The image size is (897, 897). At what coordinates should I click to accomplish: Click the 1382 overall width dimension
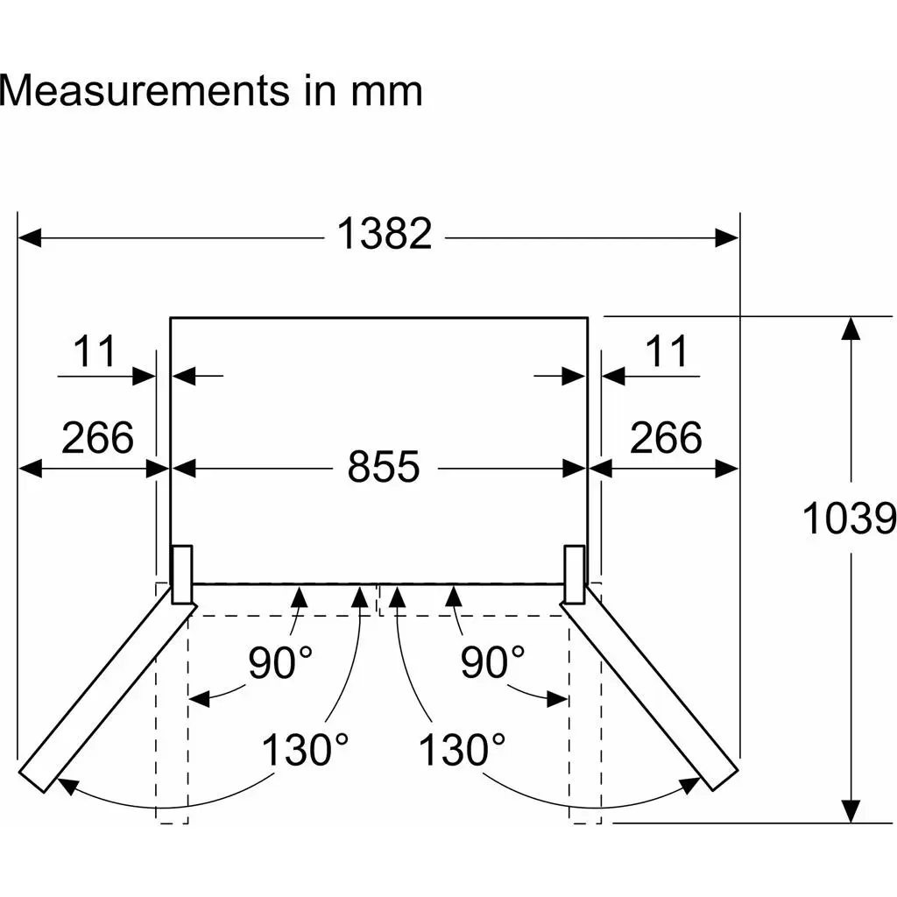[x=385, y=233]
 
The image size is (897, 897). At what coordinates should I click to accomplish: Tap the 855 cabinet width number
[x=384, y=466]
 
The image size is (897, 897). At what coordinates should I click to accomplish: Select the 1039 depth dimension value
[x=849, y=519]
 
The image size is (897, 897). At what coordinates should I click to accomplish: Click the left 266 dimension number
[x=97, y=437]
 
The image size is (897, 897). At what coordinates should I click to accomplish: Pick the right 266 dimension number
[x=666, y=437]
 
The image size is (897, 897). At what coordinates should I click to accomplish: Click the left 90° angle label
[x=280, y=662]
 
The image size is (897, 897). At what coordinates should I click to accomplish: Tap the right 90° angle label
[x=492, y=662]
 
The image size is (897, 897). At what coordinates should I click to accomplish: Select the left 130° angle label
[x=305, y=749]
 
